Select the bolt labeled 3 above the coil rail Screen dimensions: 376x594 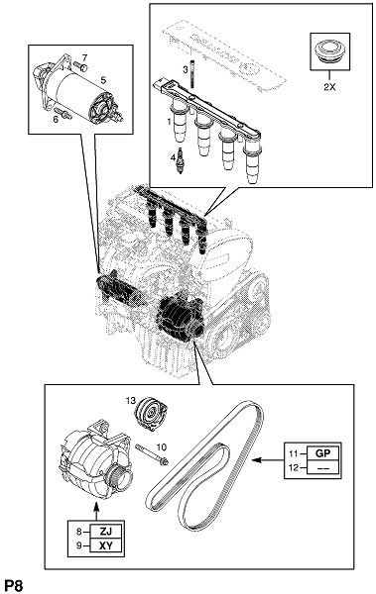tap(192, 74)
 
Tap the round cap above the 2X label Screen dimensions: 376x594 tap(329, 51)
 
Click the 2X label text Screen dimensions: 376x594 tap(329, 87)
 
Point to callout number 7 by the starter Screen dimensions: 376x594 tap(84, 58)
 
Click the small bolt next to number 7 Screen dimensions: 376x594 tap(81, 66)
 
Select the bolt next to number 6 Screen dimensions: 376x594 tap(63, 113)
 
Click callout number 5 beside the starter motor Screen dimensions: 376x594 tap(103, 80)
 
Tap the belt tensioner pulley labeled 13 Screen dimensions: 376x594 tap(151, 413)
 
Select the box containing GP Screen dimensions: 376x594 tap(322, 453)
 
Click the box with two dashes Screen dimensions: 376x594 tap(322, 468)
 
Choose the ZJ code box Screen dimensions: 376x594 tap(105, 532)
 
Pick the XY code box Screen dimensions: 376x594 tap(105, 545)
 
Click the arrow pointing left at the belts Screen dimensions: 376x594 tap(268, 460)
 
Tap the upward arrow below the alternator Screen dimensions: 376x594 tap(96, 510)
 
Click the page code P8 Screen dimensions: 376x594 tap(14, 586)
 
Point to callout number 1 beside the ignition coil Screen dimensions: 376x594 tap(169, 121)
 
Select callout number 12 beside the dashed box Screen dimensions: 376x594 tap(294, 468)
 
